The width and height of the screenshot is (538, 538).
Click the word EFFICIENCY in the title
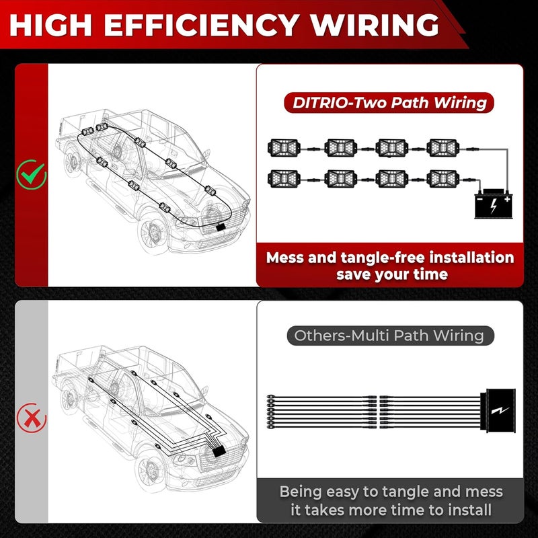point(201,25)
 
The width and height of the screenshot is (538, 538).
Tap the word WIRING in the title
point(375,25)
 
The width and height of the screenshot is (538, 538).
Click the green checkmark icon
point(32,175)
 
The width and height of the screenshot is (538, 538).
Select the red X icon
point(32,418)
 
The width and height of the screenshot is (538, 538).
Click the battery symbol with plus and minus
point(494,204)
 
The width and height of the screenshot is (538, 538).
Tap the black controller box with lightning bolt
point(498,411)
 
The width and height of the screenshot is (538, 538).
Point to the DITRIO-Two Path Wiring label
point(389,103)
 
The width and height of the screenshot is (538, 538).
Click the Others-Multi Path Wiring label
point(390,336)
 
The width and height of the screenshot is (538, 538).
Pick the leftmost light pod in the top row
point(284,148)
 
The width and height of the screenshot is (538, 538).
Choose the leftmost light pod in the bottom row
point(284,179)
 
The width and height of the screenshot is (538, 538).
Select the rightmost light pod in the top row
point(443,148)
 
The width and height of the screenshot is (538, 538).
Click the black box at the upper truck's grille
point(221,227)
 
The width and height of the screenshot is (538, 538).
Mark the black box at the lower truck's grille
point(219,451)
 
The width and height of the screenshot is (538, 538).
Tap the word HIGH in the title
point(51,25)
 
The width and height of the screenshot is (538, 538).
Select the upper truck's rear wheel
point(73,161)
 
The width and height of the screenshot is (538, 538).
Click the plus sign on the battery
point(507,199)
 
